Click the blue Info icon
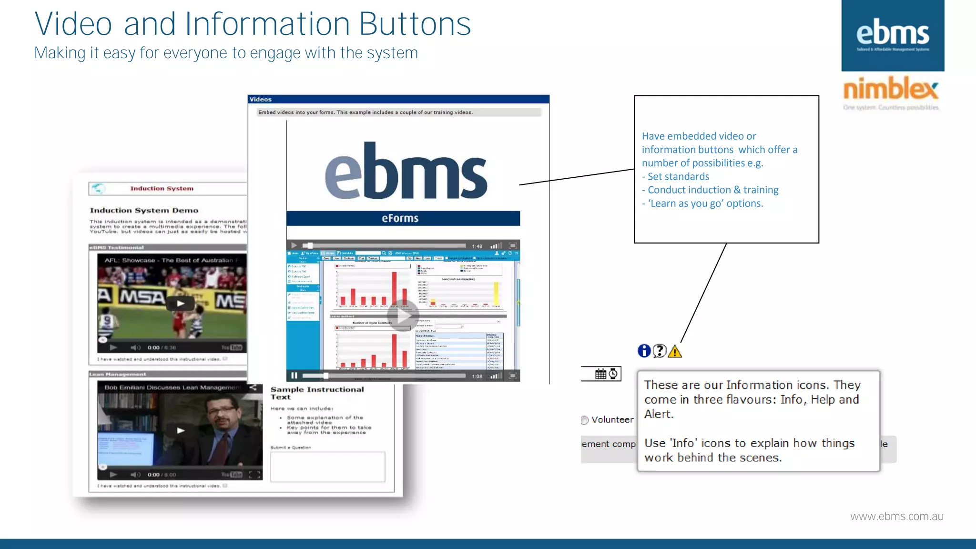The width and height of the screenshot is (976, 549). (x=644, y=351)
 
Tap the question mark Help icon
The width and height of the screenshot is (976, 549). (x=660, y=351)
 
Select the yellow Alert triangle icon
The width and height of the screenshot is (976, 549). (x=675, y=352)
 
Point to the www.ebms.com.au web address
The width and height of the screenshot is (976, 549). (x=896, y=517)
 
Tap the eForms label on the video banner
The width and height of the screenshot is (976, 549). (x=400, y=218)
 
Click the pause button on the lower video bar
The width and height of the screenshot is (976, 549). (x=294, y=376)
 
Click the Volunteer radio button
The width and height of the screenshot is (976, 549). (x=585, y=420)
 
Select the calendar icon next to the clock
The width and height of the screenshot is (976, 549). (x=600, y=374)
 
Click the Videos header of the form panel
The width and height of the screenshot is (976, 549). (x=261, y=99)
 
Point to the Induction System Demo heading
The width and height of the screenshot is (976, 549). (x=144, y=210)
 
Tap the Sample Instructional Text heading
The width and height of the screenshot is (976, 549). (x=317, y=393)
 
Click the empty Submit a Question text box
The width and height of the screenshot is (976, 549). (x=327, y=467)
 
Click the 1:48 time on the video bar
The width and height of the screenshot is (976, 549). (x=477, y=246)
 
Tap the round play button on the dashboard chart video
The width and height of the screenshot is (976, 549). (x=403, y=315)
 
